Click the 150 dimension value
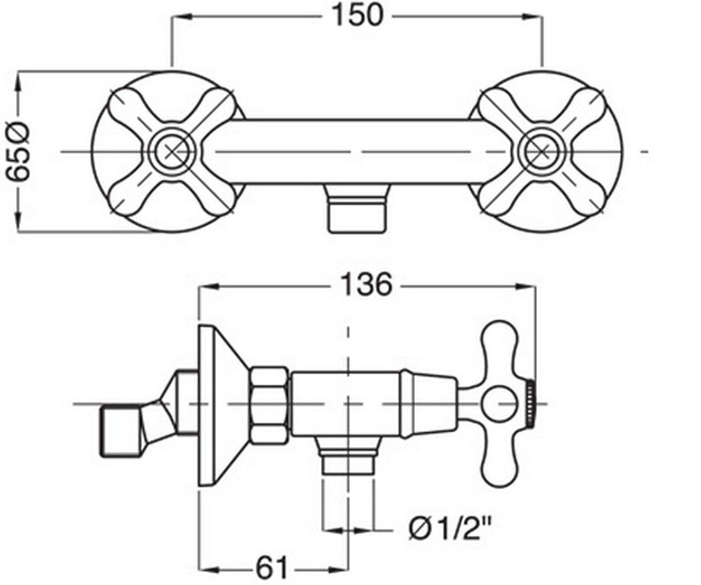pyautogui.click(x=357, y=16)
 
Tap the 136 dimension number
pyautogui.click(x=366, y=285)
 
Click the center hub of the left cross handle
pyautogui.click(x=172, y=152)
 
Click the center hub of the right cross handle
pyautogui.click(x=542, y=152)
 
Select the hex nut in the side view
pyautogui.click(x=269, y=406)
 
